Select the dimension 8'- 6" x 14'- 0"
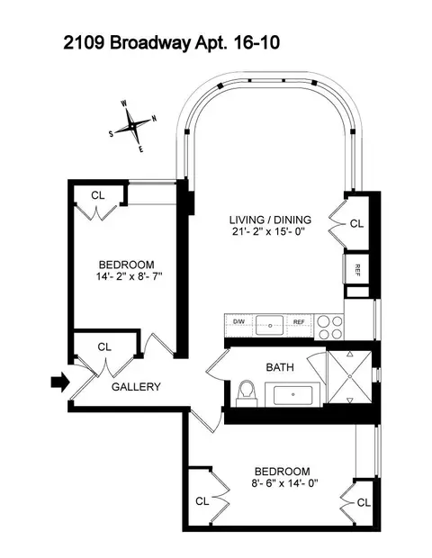[282, 484]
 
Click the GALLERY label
[136, 387]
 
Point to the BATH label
[280, 367]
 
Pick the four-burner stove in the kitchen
[328, 324]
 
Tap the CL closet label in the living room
[355, 224]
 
